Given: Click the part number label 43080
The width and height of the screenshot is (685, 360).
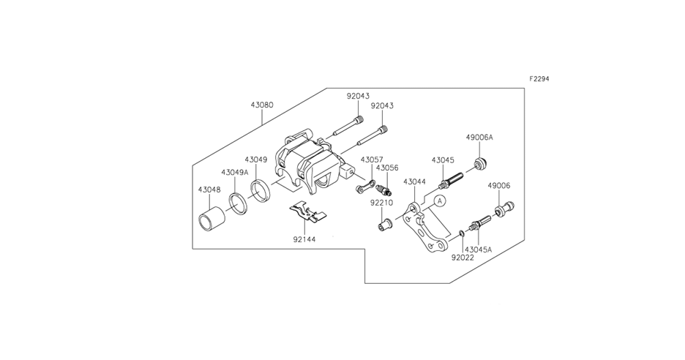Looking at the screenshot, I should [262, 105].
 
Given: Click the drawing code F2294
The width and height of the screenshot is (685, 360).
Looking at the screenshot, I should [539, 79].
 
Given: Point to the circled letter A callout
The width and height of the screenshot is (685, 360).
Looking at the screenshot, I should [439, 199].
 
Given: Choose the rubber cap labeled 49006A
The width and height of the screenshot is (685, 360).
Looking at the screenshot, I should [481, 162].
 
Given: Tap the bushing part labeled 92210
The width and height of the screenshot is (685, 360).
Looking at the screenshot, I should [383, 222].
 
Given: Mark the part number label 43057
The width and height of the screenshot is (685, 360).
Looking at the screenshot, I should [372, 160].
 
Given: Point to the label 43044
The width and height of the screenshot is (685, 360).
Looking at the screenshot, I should [414, 181].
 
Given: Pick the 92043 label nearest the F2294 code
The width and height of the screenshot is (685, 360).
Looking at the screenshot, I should [382, 106].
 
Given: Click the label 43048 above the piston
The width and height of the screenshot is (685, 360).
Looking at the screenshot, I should [209, 189].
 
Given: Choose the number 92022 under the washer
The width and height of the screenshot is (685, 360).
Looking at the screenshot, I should [462, 258].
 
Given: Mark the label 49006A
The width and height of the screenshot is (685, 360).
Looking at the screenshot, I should [479, 137].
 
